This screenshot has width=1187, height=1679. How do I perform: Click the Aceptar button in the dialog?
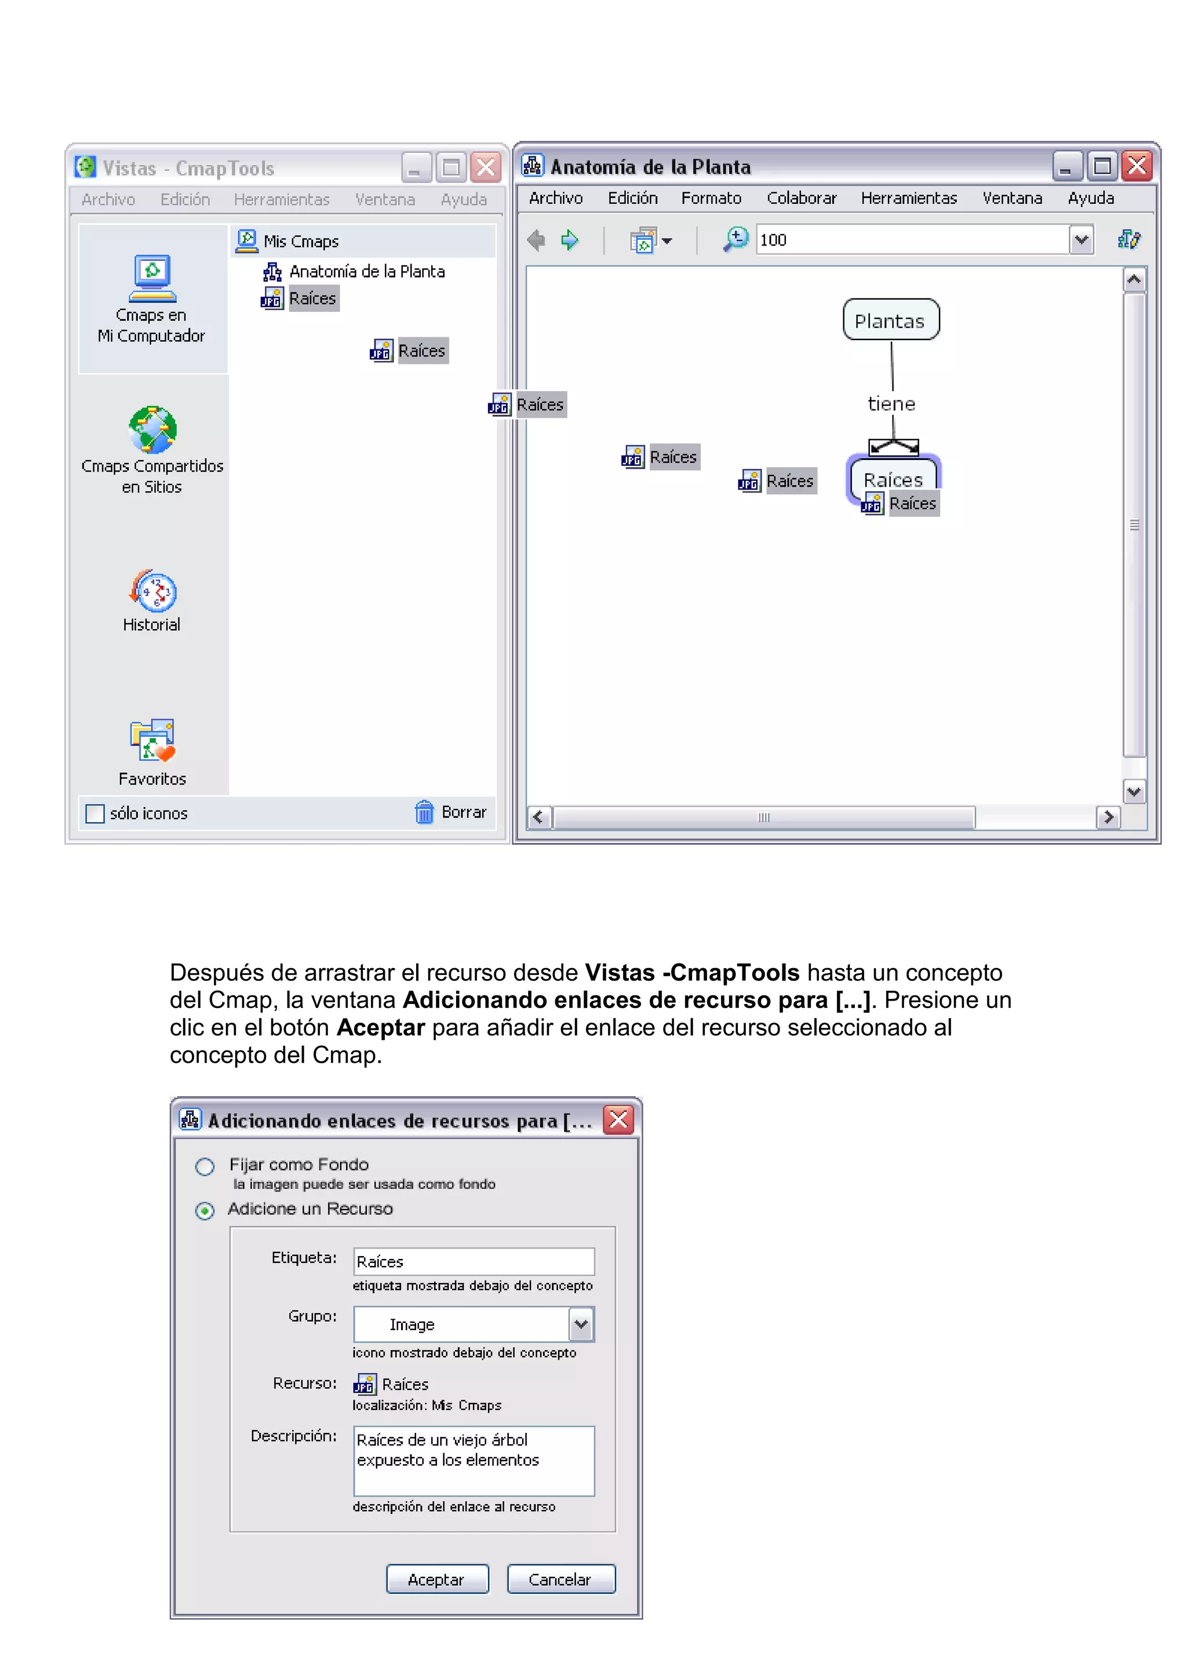pos(436,1579)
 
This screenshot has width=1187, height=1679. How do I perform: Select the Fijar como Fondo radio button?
pos(205,1166)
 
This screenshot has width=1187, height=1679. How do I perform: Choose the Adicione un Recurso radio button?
pos(205,1211)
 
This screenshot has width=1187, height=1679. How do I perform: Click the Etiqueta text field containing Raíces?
pos(473,1261)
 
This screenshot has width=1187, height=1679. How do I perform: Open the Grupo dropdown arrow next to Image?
pos(581,1324)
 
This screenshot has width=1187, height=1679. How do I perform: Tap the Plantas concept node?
pos(890,320)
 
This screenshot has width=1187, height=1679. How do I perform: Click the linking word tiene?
pos(891,404)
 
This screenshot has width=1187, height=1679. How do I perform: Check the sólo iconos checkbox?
pos(95,813)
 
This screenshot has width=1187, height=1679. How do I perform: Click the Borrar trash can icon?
pos(424,812)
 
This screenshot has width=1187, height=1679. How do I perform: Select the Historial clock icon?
pos(153,591)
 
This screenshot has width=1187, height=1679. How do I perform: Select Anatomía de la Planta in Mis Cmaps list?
pos(366,271)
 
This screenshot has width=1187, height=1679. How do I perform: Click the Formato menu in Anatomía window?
pos(711,198)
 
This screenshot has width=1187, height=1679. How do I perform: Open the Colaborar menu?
pos(801,198)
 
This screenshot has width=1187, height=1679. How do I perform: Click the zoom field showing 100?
pos(911,240)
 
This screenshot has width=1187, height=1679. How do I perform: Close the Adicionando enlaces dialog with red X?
pos(618,1119)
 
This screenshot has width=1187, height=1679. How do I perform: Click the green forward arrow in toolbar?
pos(569,240)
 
